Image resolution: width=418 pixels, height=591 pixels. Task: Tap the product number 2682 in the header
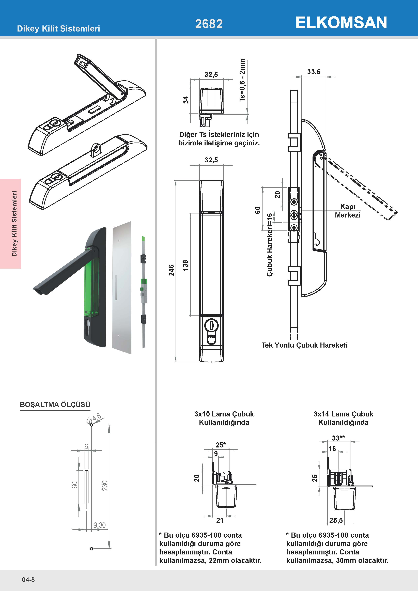[209, 24]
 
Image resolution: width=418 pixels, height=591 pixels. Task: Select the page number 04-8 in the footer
[28, 580]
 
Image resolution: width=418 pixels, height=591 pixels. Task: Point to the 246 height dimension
[171, 270]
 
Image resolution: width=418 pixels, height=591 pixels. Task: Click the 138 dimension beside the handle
[185, 265]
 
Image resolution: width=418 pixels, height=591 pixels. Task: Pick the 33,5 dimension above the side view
[314, 72]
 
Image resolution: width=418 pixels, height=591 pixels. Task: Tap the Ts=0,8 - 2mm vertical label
[242, 80]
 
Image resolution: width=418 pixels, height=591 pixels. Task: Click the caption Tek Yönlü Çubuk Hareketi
[304, 345]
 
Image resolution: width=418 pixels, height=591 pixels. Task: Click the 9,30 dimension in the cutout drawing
[100, 525]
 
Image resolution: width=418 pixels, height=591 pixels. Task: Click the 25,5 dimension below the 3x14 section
[336, 520]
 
